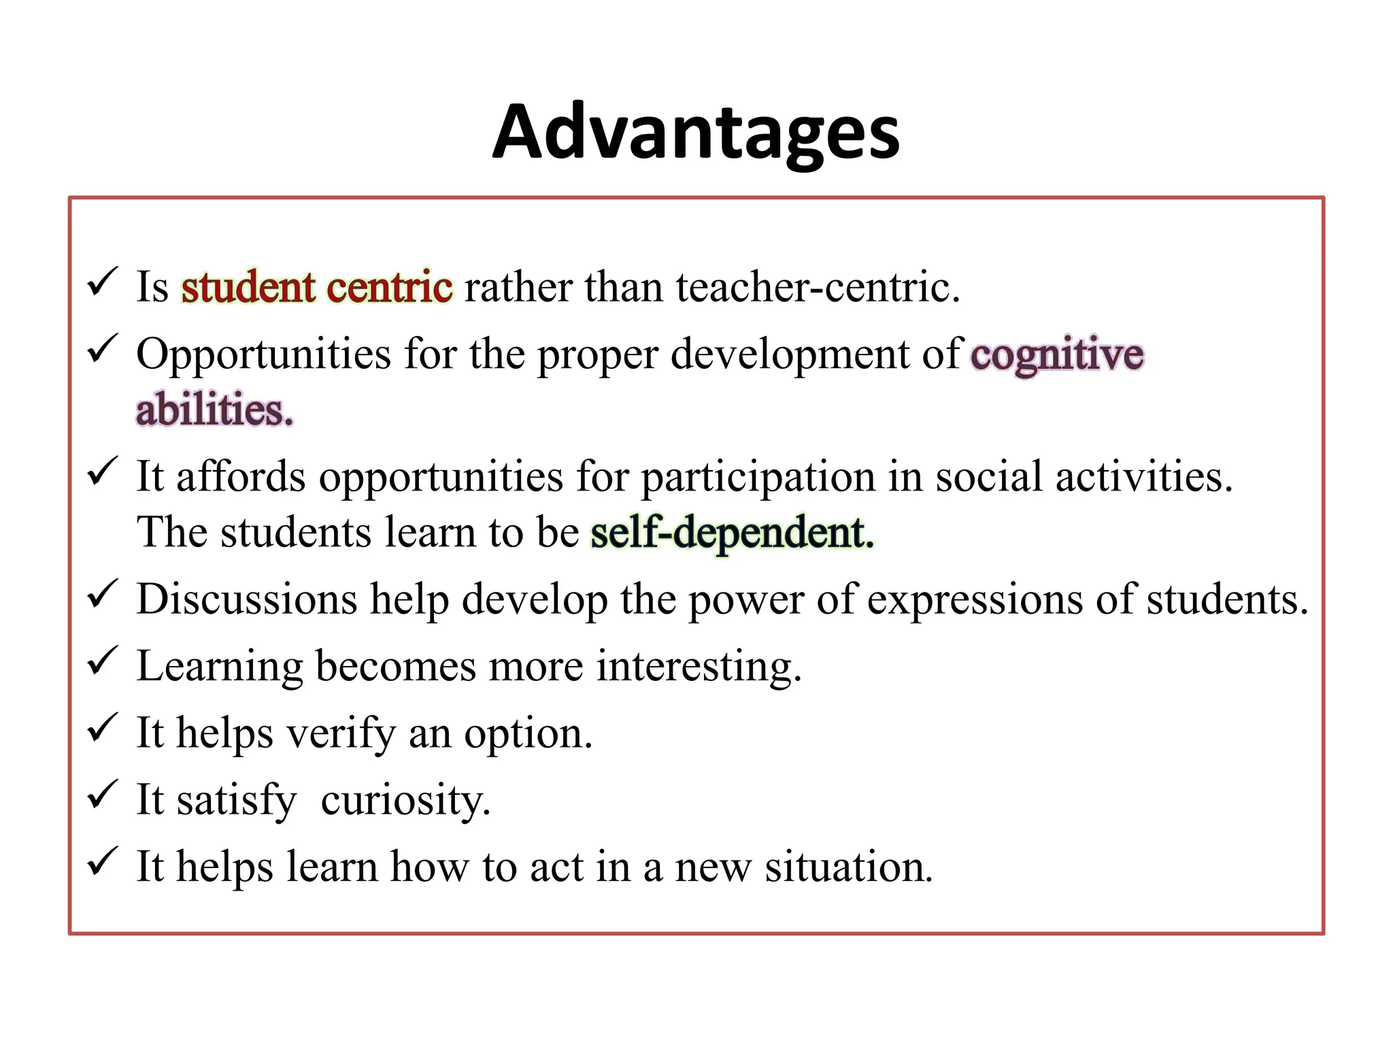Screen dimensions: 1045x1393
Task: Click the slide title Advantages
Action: (696, 133)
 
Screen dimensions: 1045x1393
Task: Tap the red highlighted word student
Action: (248, 287)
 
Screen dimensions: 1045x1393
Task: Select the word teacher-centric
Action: (818, 287)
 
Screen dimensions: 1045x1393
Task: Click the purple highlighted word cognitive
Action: (1057, 355)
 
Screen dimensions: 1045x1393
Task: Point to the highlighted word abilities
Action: (214, 410)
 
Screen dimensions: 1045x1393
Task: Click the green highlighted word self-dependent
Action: (732, 532)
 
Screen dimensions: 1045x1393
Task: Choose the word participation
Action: (758, 477)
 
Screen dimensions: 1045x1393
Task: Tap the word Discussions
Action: (246, 599)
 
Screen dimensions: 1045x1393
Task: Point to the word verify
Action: (341, 734)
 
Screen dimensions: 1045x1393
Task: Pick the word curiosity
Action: (405, 801)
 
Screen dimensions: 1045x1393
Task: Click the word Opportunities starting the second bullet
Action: (263, 355)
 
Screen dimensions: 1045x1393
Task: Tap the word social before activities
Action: (988, 477)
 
